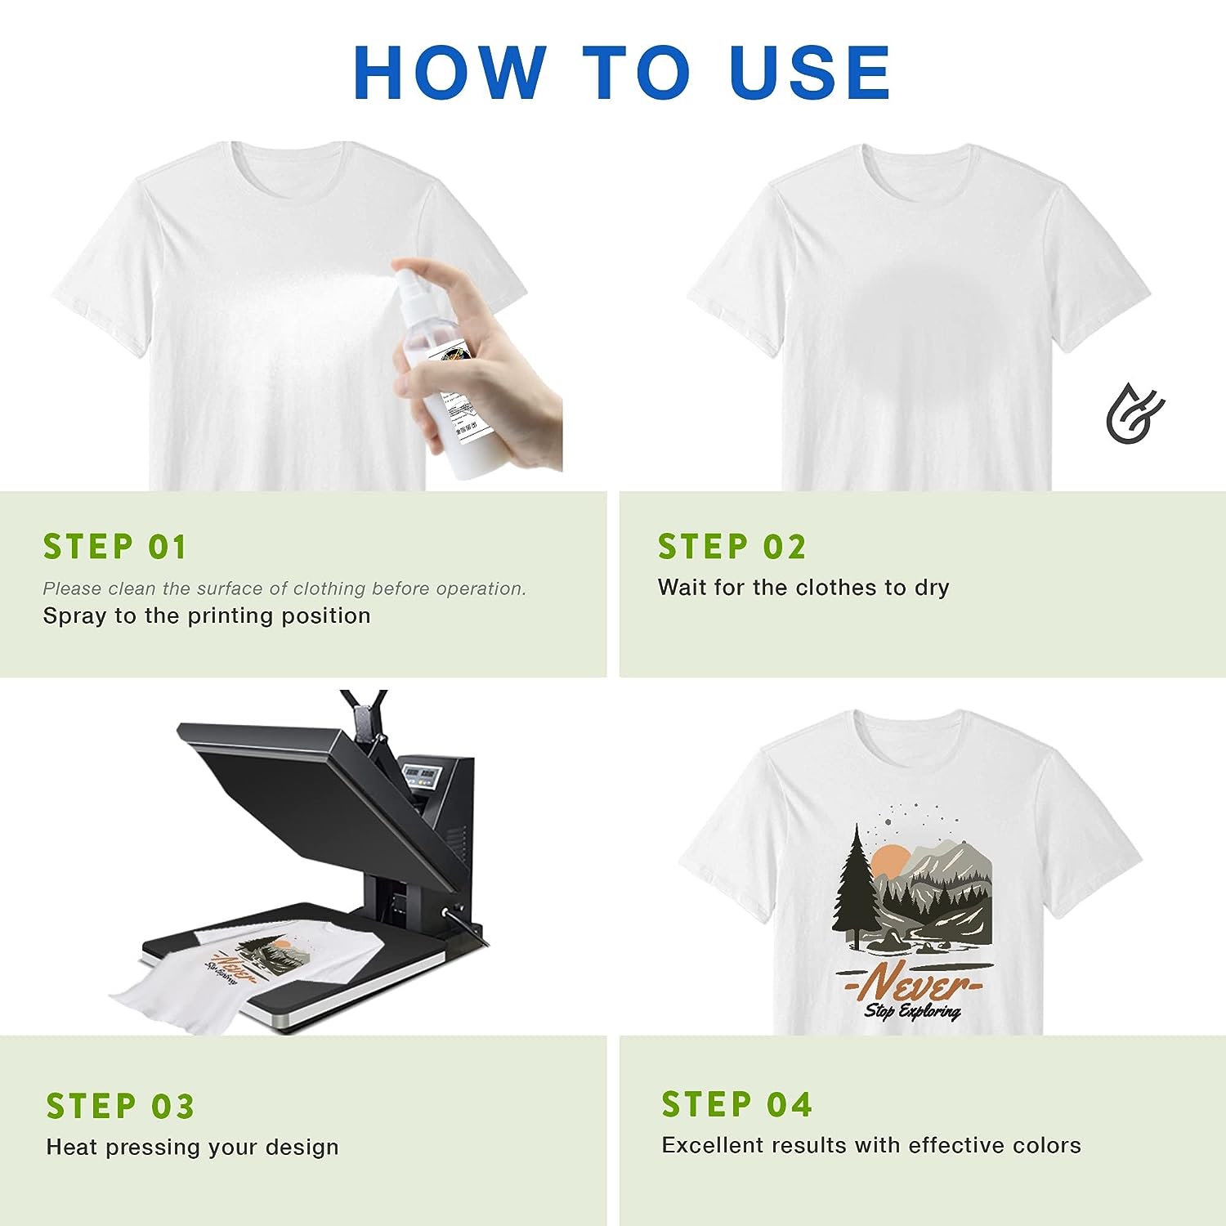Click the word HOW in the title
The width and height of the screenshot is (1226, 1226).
449,73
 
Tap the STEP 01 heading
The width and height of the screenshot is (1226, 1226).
115,547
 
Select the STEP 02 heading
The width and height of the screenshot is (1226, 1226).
732,547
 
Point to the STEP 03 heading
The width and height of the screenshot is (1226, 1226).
120,1107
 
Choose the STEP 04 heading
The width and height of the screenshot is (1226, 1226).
736,1105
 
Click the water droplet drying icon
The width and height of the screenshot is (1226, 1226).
1134,413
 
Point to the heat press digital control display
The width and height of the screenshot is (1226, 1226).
422,773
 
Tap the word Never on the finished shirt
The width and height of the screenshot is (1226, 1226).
911,983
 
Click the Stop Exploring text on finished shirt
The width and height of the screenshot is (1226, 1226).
912,1012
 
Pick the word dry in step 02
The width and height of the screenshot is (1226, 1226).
932,588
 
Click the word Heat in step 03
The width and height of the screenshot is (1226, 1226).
72,1148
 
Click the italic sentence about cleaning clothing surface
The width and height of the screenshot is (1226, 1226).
284,588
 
